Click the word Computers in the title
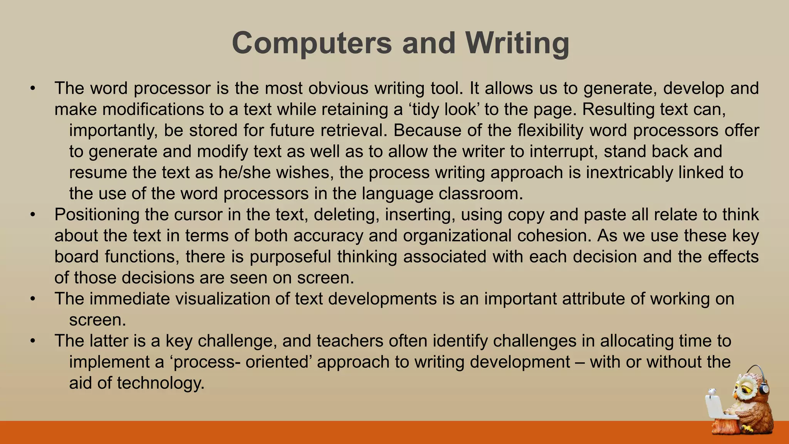312,43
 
